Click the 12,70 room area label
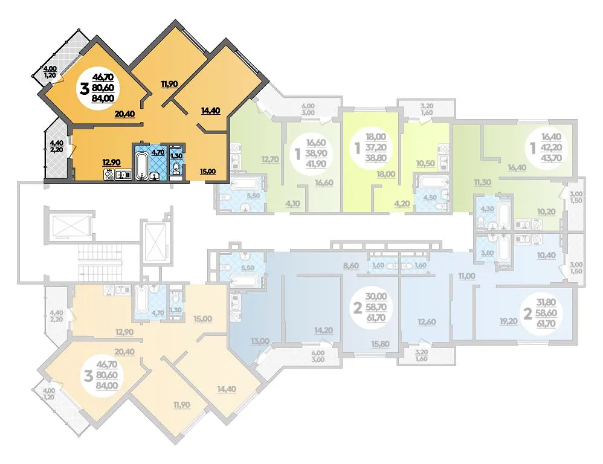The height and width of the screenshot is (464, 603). point(270,159)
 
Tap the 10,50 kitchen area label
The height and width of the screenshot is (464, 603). point(425,163)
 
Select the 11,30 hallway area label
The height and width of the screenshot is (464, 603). point(483,182)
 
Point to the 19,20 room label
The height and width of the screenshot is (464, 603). point(509,321)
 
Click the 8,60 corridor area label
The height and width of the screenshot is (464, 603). point(350,266)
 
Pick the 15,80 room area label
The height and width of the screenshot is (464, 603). point(380,343)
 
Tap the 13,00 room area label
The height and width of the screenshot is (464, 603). point(260,341)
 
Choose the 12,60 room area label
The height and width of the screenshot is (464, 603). point(427,321)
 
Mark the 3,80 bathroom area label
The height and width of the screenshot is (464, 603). point(487,253)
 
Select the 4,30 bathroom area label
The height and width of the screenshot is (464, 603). point(487,209)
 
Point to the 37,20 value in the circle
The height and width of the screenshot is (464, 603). point(376,147)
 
